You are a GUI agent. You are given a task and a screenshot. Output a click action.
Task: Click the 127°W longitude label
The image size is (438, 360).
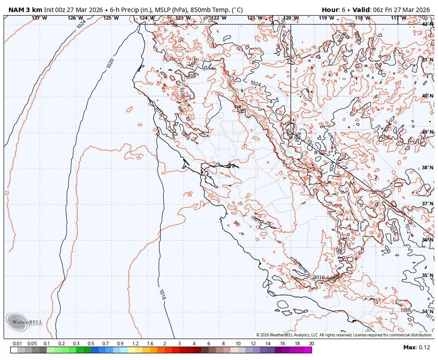(39, 18)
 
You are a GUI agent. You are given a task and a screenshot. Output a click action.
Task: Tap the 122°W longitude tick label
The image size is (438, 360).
(219, 18)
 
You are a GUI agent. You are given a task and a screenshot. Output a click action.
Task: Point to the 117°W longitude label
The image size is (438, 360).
(398, 18)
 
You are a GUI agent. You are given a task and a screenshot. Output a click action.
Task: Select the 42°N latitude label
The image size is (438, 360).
(427, 24)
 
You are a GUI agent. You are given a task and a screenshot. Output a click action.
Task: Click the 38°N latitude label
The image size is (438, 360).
(427, 168)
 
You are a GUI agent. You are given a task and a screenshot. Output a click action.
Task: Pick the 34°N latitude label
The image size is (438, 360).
(427, 311)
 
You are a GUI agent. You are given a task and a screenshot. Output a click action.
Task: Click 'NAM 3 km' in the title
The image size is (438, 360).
(25, 10)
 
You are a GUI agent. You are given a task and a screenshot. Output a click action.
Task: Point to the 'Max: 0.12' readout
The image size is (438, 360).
(417, 348)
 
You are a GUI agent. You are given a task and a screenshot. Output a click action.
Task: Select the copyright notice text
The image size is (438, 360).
(344, 335)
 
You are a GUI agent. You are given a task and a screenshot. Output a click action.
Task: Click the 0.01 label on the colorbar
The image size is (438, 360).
(17, 344)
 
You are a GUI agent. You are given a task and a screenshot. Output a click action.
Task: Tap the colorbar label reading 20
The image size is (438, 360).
(311, 344)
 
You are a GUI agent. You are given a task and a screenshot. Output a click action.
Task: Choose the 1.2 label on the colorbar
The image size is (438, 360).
(135, 344)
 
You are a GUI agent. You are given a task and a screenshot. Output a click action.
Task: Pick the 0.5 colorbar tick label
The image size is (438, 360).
(91, 344)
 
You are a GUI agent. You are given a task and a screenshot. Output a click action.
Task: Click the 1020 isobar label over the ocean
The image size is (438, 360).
(110, 63)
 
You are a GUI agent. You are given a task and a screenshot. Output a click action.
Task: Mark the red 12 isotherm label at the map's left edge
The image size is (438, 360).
(7, 192)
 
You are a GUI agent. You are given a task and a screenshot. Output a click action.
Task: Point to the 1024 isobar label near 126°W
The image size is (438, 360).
(81, 24)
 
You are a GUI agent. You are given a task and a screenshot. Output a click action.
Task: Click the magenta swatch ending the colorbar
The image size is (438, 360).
(308, 350)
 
